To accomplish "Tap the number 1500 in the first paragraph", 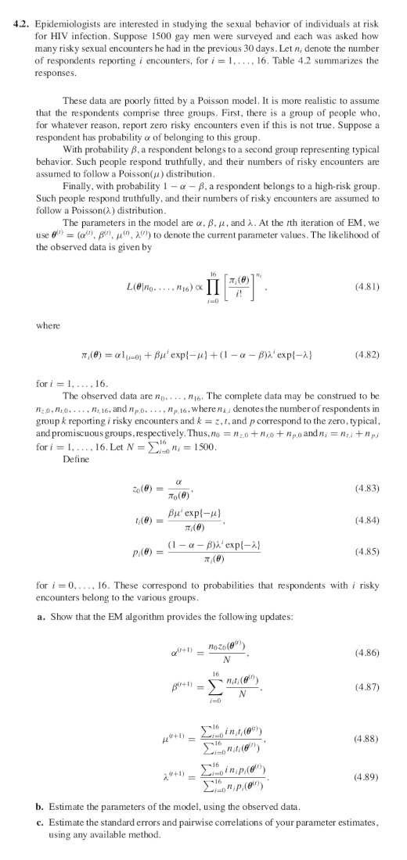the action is (x=241, y=38).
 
